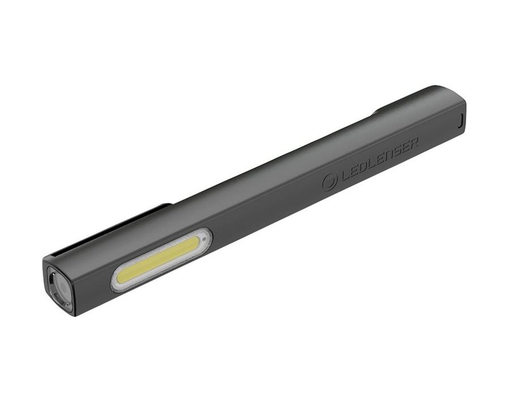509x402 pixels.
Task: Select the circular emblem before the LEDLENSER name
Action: tap(330, 182)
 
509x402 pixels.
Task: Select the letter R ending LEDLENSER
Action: tap(413, 145)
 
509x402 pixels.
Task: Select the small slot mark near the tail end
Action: tap(460, 120)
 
